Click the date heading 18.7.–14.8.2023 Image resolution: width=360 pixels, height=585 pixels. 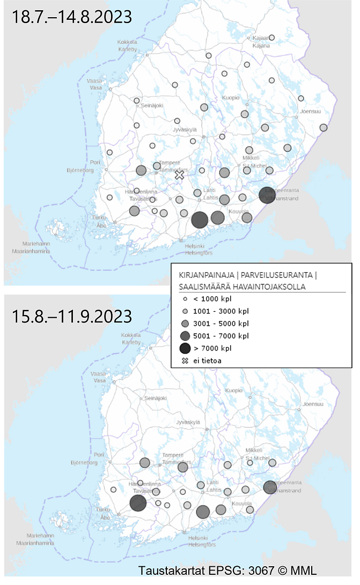pos(72,17)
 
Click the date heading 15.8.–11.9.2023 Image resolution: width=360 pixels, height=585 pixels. pos(72,316)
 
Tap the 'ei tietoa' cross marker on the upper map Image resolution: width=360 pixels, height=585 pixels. pos(180,175)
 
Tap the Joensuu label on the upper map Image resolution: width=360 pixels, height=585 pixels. pos(311,112)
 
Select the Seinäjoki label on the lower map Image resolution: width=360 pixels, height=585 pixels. pos(152,398)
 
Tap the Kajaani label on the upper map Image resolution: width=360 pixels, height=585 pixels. pos(261,42)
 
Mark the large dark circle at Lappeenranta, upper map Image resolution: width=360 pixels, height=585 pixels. pos(267,195)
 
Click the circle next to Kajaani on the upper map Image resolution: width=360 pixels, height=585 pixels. pos(272,38)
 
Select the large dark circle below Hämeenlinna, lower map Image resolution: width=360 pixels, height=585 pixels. pos(138,503)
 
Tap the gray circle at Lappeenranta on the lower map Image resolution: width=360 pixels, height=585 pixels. pos(270,487)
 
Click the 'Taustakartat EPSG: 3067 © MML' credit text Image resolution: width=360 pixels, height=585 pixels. pos(227,570)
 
